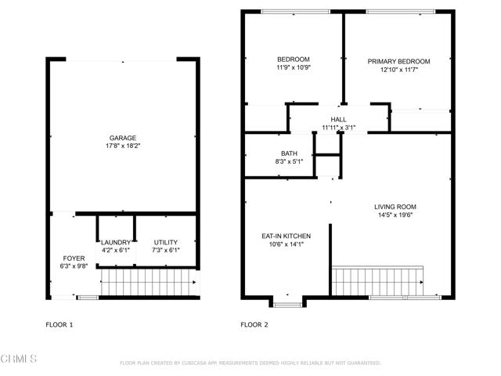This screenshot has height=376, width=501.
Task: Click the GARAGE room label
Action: pyautogui.click(x=123, y=138)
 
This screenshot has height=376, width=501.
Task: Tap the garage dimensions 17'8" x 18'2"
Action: pyautogui.click(x=123, y=146)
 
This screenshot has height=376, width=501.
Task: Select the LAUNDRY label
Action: pyautogui.click(x=116, y=242)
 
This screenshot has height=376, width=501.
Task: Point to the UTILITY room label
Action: pyautogui.click(x=165, y=242)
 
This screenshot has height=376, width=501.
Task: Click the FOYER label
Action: pyautogui.click(x=74, y=258)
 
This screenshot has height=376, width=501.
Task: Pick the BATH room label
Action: pyautogui.click(x=289, y=154)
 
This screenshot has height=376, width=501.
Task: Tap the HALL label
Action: pyautogui.click(x=338, y=120)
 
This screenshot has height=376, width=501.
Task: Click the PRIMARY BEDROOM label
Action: pyautogui.click(x=398, y=61)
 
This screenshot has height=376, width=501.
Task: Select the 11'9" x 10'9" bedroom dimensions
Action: pyautogui.click(x=294, y=67)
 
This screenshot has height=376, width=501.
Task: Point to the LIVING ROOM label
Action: pyautogui.click(x=395, y=207)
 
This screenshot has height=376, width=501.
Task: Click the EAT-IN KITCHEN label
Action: pyautogui.click(x=286, y=237)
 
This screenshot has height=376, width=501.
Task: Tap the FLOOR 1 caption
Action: pyautogui.click(x=59, y=325)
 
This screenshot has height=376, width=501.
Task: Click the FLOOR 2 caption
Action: pyautogui.click(x=254, y=325)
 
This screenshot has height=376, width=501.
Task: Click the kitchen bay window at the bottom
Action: pyautogui.click(x=287, y=305)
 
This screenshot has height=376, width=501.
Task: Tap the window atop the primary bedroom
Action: pyautogui.click(x=401, y=12)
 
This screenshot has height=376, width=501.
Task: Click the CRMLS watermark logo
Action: pyautogui.click(x=19, y=359)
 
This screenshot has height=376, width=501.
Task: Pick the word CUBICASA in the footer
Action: pyautogui.click(x=194, y=363)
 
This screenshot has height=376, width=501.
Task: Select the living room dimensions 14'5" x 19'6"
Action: pyautogui.click(x=395, y=215)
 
